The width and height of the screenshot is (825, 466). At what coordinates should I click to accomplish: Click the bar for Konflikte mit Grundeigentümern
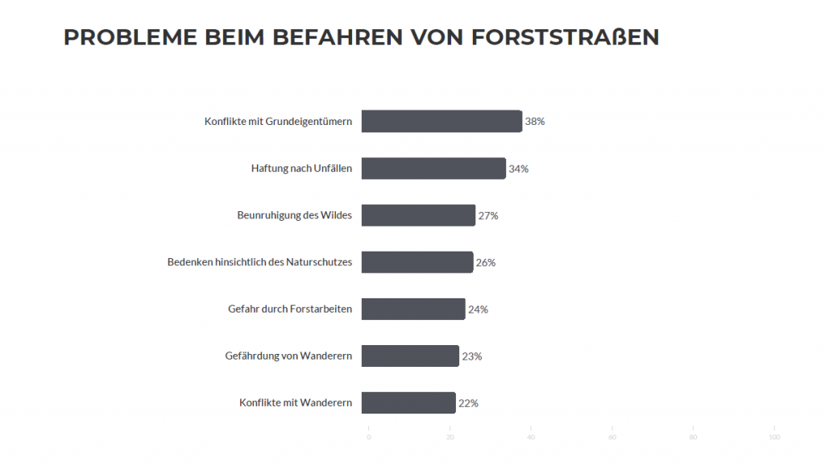tap(442, 121)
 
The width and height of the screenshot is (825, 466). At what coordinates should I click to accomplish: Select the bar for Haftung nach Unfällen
tap(433, 169)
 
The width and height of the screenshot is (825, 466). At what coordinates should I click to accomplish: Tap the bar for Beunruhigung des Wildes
tap(418, 215)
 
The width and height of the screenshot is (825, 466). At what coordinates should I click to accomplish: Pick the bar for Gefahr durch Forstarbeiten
tap(413, 309)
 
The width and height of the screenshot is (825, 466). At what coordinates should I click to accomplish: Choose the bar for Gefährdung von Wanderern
tap(410, 356)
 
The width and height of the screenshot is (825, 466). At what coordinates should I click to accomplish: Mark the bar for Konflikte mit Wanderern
tap(408, 402)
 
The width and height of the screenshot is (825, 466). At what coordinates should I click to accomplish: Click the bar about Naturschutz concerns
tap(417, 262)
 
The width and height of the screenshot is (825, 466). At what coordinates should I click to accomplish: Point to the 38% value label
tap(535, 122)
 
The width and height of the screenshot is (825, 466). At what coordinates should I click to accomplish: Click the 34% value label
tap(518, 169)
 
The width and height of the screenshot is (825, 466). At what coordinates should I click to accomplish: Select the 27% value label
tap(488, 215)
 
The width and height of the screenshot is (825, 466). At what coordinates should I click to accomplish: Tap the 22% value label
tap(468, 403)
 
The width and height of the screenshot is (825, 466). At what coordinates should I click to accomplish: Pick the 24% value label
tap(478, 310)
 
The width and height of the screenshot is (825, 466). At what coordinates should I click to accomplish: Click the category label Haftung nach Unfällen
tap(301, 169)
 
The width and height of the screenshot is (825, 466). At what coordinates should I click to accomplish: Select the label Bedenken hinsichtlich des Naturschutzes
tap(259, 262)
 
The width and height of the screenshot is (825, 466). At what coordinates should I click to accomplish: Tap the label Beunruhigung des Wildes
tap(294, 215)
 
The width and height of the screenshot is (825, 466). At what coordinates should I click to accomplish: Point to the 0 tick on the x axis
tap(369, 437)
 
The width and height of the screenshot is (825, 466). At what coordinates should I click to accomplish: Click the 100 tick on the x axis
tap(774, 437)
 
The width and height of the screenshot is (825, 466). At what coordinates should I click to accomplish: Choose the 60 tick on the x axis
tap(612, 437)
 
